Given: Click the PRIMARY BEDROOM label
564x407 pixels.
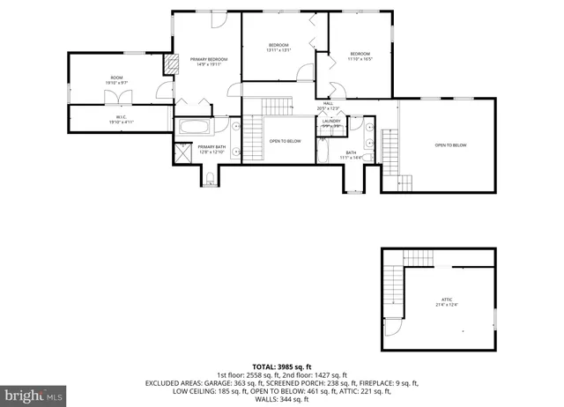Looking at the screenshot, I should pyautogui.click(x=209, y=61).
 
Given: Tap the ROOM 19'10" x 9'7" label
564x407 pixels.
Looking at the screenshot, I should pyautogui.click(x=117, y=80).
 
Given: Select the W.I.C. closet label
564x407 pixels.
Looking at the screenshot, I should pyautogui.click(x=121, y=119).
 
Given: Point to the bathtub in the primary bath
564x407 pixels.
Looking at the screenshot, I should pyautogui.click(x=191, y=127).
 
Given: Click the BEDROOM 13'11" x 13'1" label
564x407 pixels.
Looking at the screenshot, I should pyautogui.click(x=278, y=47).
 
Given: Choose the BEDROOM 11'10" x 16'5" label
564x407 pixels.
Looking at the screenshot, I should pyautogui.click(x=360, y=55).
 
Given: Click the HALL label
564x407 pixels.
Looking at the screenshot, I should pyautogui.click(x=328, y=106).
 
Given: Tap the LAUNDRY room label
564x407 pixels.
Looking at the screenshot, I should pyautogui.click(x=330, y=123).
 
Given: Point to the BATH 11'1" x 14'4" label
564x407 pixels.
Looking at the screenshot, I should pyautogui.click(x=351, y=155).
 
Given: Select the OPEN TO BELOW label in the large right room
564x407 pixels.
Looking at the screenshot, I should pyautogui.click(x=450, y=145).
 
